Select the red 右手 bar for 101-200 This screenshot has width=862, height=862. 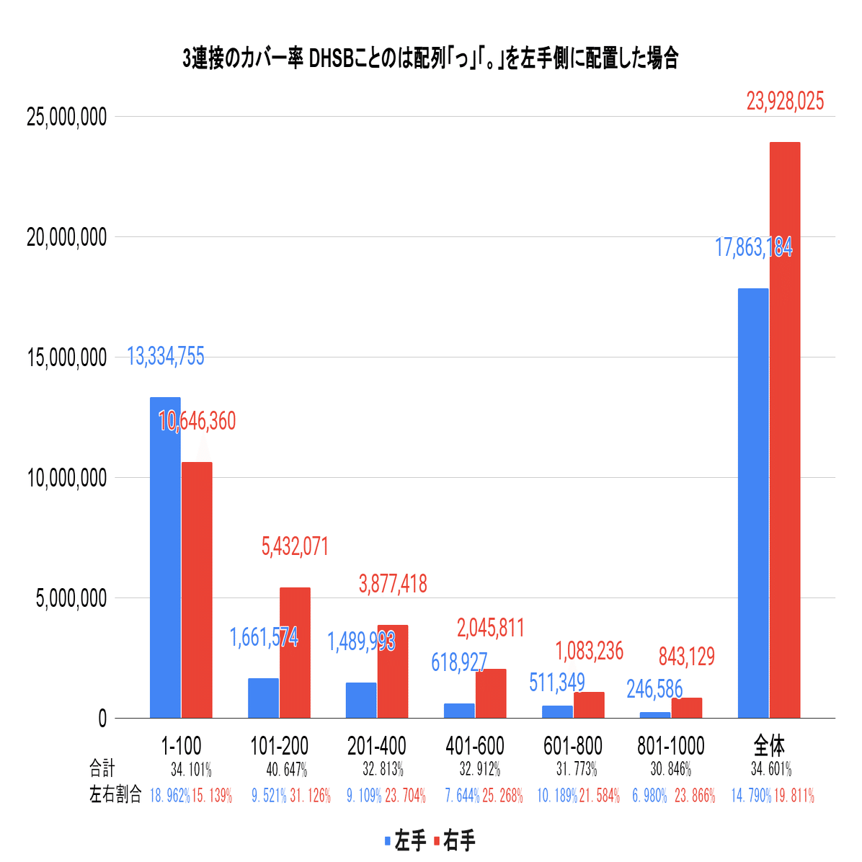point(295,652)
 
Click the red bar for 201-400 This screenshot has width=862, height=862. point(393,671)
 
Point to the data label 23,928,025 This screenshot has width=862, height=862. point(785,102)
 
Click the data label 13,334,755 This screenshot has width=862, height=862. point(166,356)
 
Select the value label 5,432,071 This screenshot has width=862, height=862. point(295,547)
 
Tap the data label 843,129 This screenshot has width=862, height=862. point(687,657)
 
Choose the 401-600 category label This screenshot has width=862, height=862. point(475,746)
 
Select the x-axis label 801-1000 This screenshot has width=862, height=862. point(671,746)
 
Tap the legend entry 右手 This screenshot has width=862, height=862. point(455,840)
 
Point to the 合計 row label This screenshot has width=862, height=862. point(102,768)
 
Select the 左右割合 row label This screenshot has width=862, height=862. point(115,796)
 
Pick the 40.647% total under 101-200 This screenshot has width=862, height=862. point(287,770)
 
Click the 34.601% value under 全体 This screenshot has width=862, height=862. point(771,770)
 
